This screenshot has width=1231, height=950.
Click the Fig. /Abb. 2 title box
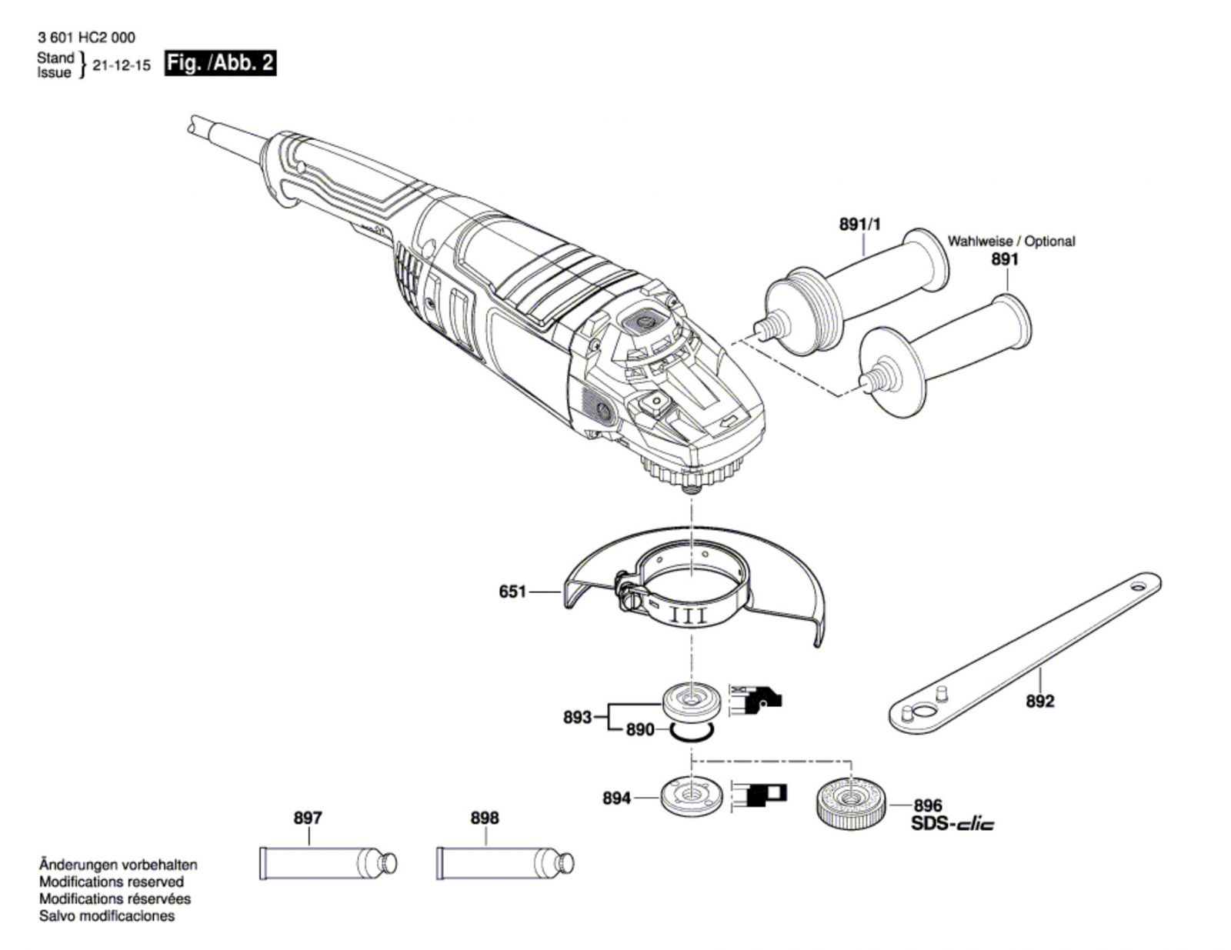tap(220, 63)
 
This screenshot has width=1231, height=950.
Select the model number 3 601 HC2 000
tap(87, 38)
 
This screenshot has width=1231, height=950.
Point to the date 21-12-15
tap(122, 65)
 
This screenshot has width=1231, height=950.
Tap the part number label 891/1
tap(860, 225)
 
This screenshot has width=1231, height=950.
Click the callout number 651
tap(512, 592)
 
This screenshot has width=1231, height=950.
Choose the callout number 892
tap(1040, 702)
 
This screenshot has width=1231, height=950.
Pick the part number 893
tap(577, 718)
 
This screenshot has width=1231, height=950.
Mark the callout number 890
tap(640, 730)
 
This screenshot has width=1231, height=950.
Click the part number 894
tap(616, 798)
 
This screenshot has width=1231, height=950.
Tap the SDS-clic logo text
tap(952, 824)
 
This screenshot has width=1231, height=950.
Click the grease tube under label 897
tap(329, 863)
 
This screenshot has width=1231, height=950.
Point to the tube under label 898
tap(505, 863)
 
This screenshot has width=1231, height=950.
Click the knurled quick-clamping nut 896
tap(852, 806)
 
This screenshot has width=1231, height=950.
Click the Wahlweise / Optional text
tap(1011, 242)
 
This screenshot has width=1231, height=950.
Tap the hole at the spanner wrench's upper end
tap(1139, 584)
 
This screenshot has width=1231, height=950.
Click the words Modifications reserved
tap(112, 882)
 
